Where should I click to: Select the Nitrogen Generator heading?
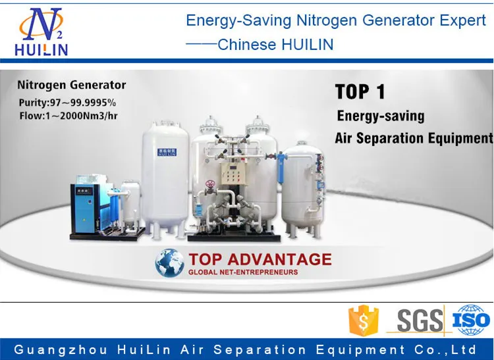click(71, 86)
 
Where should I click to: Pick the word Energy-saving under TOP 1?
click(381, 116)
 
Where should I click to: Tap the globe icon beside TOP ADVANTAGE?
click(170, 263)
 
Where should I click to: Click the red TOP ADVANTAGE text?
click(260, 259)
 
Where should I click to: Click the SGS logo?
click(420, 321)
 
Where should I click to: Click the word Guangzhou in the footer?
click(52, 349)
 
